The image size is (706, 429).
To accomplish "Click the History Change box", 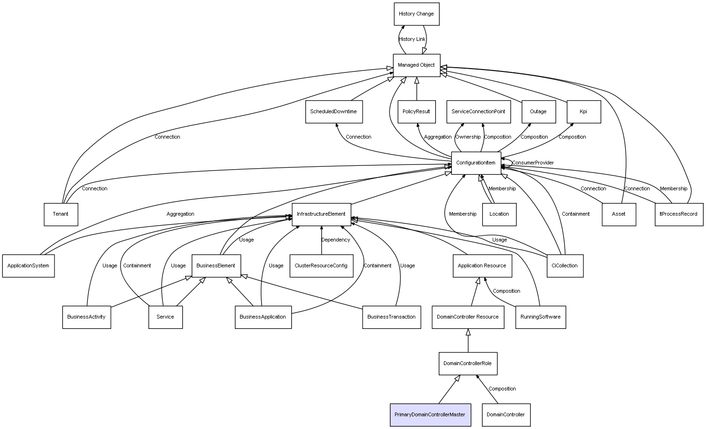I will [x=416, y=14].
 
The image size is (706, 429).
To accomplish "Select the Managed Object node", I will [x=416, y=65].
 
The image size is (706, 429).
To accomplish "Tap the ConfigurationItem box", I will [x=476, y=163].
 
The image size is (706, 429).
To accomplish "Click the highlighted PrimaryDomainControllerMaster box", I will [x=430, y=415].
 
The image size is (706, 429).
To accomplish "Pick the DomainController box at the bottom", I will [x=506, y=415].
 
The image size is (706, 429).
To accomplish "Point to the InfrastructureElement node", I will [x=321, y=214].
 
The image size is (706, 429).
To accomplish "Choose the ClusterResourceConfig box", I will [x=321, y=266].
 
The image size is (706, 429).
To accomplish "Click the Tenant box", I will [x=61, y=214].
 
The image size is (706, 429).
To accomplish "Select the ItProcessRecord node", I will [x=679, y=214].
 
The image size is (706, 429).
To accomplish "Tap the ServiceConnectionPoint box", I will [x=478, y=112].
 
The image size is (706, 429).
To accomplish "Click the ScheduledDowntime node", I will [x=334, y=112].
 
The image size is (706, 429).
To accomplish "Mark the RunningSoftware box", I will [x=540, y=317].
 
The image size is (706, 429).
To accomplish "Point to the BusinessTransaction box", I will [x=391, y=317].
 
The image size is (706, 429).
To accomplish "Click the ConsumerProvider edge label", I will [x=533, y=163].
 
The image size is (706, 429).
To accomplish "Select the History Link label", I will [x=412, y=39].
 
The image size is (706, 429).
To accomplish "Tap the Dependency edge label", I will [x=335, y=240].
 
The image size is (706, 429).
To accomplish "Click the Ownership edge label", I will [x=468, y=137].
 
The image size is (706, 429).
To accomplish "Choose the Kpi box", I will [x=583, y=112].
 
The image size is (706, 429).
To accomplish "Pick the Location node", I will [x=499, y=214].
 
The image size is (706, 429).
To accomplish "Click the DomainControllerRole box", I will [x=468, y=364].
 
